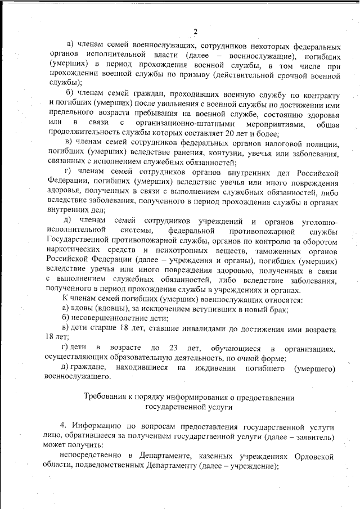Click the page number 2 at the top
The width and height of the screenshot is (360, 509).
(195, 31)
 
